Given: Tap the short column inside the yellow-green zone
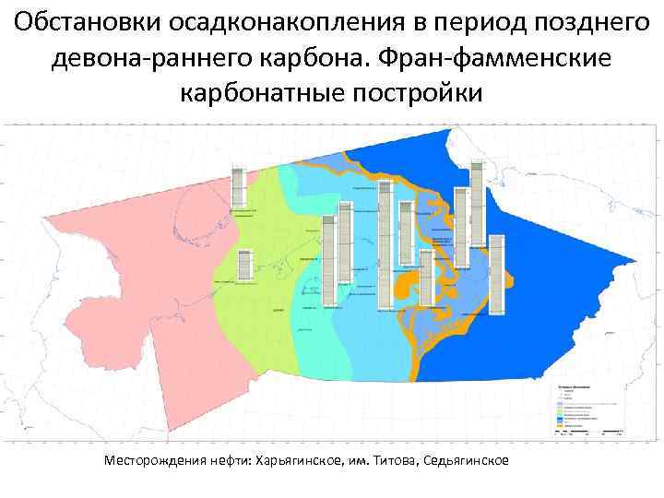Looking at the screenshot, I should (x=243, y=265).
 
